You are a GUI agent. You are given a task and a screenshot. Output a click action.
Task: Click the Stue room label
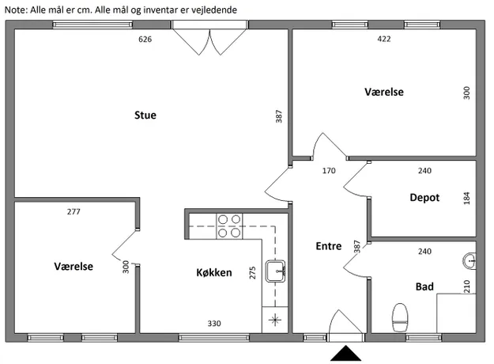click(145, 115)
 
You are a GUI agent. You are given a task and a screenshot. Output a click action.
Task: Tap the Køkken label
click(214, 272)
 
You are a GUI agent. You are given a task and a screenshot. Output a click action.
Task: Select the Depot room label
click(424, 198)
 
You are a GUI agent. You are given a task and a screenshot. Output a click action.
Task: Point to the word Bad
click(424, 286)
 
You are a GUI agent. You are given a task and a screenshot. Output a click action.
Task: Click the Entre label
click(329, 246)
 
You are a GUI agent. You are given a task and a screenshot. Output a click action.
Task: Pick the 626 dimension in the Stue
click(145, 39)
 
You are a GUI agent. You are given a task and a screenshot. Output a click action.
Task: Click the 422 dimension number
click(383, 39)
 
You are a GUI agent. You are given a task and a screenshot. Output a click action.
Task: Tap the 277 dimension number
click(74, 211)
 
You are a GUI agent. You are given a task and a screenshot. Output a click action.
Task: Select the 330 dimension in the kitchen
click(214, 324)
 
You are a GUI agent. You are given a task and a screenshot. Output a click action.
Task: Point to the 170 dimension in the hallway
click(329, 171)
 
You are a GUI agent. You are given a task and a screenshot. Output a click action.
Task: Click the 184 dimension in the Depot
click(466, 198)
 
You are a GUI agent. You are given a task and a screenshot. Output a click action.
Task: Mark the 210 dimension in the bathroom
click(466, 286)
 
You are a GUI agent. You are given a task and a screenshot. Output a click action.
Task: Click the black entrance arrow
click(346, 353)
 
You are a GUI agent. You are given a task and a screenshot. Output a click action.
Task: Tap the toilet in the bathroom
click(400, 317)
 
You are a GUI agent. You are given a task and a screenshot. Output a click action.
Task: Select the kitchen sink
click(275, 271)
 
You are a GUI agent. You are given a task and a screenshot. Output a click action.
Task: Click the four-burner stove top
click(229, 226)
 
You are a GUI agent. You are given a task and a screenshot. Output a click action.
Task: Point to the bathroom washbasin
click(469, 261)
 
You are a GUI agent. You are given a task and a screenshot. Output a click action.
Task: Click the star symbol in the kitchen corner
click(275, 320)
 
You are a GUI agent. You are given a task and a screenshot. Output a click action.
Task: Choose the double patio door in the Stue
click(209, 38)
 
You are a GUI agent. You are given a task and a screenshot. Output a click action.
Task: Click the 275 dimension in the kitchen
click(252, 273)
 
